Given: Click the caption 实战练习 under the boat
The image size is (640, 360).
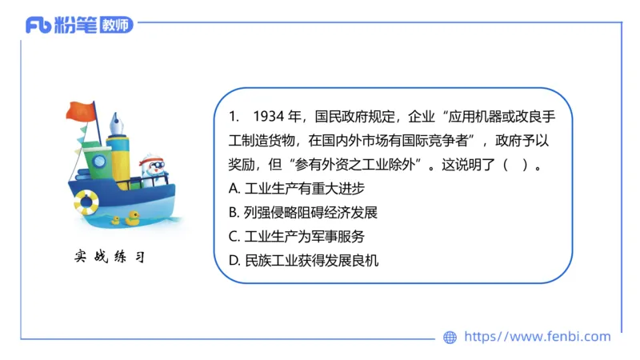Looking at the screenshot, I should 109,258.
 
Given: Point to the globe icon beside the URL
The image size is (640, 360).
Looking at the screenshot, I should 450,338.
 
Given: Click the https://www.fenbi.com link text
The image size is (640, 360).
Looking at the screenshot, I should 538,337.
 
